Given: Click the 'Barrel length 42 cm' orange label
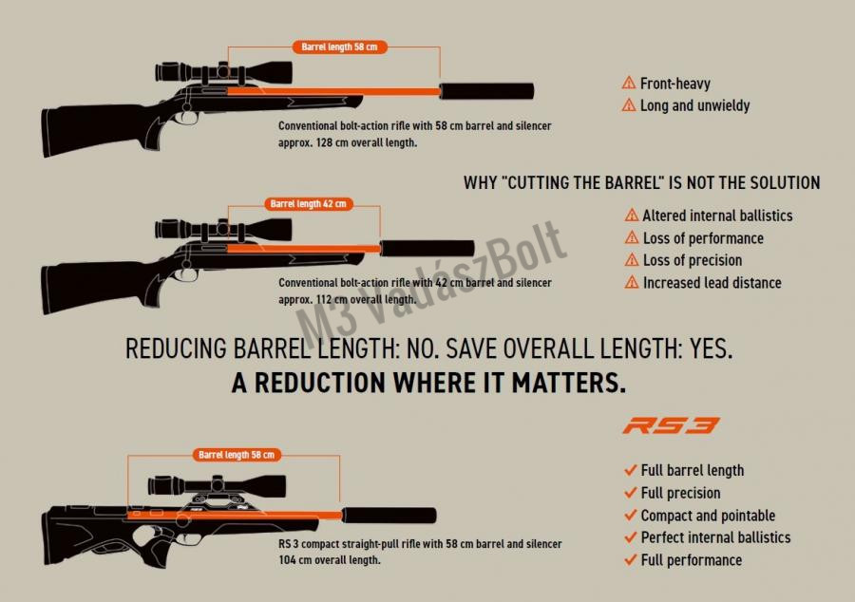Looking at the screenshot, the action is click(309, 204).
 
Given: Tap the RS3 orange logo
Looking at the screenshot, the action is click(671, 425).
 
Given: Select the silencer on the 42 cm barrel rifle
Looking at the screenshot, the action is click(427, 249).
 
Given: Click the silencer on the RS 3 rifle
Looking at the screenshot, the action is click(389, 515).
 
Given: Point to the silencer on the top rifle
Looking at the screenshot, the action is click(487, 91).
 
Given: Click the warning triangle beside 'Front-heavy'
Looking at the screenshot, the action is click(629, 83).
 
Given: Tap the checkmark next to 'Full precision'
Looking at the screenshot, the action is click(631, 493).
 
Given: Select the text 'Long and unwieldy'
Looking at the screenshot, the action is click(694, 105).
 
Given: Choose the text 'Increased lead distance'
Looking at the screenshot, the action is click(712, 283).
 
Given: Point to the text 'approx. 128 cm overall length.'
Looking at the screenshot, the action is click(348, 142).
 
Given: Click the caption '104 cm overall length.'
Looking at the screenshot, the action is click(330, 560).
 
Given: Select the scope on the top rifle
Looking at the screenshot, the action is click(223, 71).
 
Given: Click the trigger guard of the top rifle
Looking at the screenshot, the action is click(188, 118).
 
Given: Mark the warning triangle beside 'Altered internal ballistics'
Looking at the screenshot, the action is click(632, 215).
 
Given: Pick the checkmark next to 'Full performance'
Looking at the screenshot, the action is click(631, 559).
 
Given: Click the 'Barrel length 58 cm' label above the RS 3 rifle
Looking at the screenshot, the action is click(237, 455).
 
